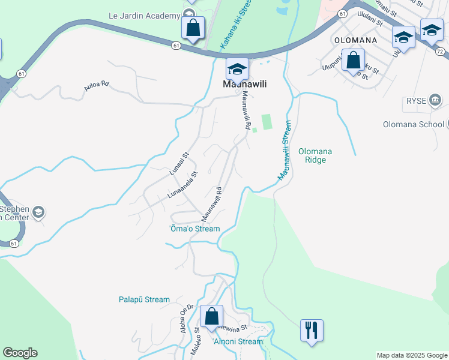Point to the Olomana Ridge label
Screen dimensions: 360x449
tap(316, 156)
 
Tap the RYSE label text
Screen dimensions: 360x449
tap(415, 100)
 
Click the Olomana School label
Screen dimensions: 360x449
tap(413, 125)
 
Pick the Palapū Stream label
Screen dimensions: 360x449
tap(144, 299)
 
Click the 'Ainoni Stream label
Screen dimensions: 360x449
tap(238, 341)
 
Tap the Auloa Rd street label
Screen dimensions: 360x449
tap(97, 86)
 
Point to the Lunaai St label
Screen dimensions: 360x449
tap(179, 163)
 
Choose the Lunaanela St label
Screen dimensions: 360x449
tap(182, 188)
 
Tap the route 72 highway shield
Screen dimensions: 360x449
tap(440, 52)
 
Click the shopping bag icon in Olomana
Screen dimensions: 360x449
tap(354, 60)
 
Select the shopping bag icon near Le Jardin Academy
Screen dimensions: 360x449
tap(193, 28)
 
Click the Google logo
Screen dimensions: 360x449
tap(20, 353)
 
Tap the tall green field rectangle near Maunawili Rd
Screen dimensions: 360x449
tap(267, 121)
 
